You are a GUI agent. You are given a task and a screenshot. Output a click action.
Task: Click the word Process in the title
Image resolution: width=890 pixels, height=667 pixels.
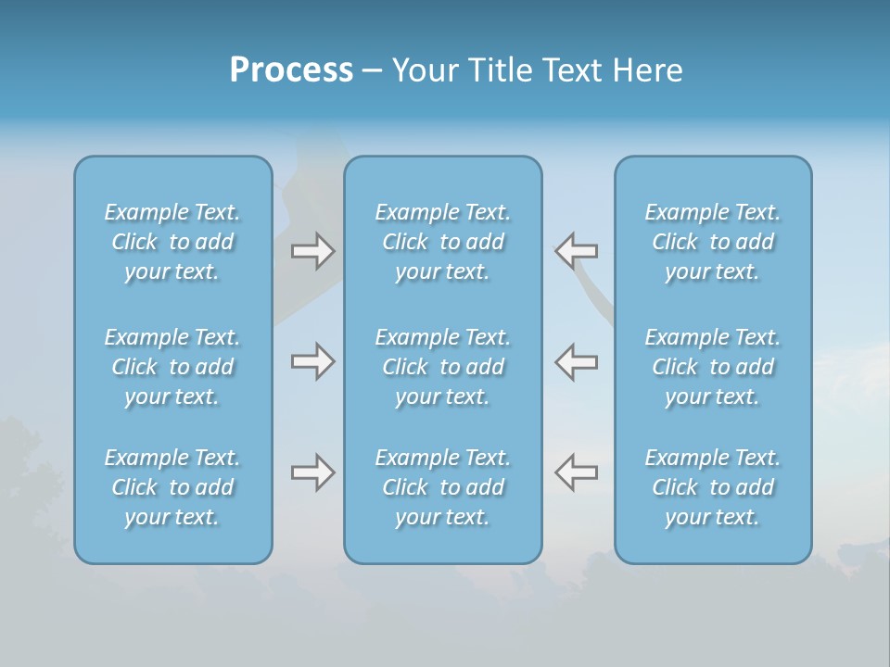(291, 70)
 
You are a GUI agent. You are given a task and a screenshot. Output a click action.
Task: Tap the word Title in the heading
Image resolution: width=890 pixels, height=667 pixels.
(502, 70)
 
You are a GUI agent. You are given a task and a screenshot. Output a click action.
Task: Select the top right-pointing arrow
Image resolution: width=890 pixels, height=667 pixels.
(312, 251)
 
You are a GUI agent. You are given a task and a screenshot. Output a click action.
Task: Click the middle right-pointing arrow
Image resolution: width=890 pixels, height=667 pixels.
(312, 361)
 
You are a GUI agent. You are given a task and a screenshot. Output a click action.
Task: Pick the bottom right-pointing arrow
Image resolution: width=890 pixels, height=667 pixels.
(312, 473)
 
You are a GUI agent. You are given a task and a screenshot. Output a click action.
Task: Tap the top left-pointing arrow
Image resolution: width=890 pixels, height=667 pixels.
(576, 250)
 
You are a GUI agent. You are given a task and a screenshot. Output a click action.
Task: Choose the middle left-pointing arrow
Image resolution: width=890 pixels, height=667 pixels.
(576, 361)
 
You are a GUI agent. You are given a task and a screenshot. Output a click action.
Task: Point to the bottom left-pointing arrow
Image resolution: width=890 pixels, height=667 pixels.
(576, 472)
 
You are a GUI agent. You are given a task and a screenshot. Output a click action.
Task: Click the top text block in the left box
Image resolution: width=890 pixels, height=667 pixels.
(172, 242)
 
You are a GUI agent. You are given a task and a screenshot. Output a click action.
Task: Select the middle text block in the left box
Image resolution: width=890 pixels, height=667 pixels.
(172, 367)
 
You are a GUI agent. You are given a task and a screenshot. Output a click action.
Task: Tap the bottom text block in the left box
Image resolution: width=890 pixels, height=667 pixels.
(172, 487)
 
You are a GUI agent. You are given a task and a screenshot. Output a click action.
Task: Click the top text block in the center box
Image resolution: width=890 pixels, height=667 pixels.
(443, 242)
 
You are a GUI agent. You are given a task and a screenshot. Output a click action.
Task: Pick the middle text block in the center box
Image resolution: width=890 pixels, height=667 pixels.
(443, 367)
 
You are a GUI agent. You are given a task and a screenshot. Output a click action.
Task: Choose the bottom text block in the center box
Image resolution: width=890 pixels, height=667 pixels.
(443, 487)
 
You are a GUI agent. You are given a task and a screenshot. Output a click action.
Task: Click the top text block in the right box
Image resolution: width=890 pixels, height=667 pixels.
(713, 242)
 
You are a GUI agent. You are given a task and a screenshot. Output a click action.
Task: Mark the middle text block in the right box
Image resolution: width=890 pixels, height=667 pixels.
(713, 367)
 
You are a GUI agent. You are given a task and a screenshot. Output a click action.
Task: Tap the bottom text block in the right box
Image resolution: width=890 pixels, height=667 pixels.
(713, 487)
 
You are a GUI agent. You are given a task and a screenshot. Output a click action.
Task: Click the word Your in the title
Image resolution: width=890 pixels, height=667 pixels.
(423, 70)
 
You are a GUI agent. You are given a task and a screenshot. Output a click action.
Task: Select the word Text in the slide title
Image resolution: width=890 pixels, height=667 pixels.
(573, 70)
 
